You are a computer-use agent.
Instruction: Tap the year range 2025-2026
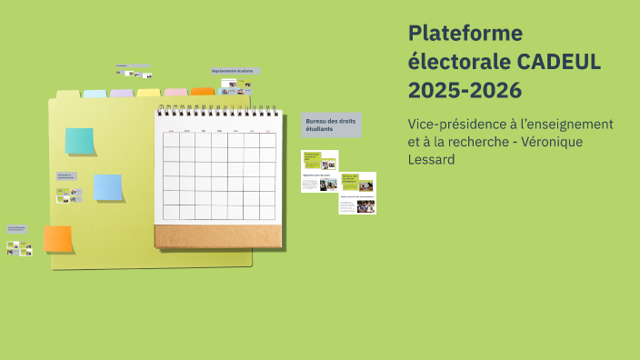pyautogui.click(x=465, y=90)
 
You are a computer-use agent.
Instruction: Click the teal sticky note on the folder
pyautogui.click(x=79, y=141)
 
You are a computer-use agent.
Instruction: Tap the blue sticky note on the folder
pyautogui.click(x=108, y=187)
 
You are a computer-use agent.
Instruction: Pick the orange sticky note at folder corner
pyautogui.click(x=57, y=238)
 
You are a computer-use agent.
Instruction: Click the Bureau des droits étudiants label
pyautogui.click(x=331, y=125)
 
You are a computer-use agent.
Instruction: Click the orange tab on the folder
pyautogui.click(x=203, y=92)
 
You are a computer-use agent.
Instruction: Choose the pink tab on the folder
pyautogui.click(x=176, y=93)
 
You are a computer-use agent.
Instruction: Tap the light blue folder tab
pyautogui.click(x=95, y=94)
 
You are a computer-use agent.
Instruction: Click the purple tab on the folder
pyautogui.click(x=122, y=93)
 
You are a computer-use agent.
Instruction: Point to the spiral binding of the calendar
pyautogui.click(x=216, y=111)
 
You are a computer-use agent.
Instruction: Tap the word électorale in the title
pyautogui.click(x=459, y=62)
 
